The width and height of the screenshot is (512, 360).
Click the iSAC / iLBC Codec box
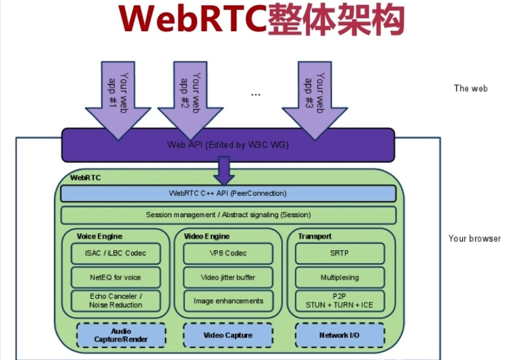116,253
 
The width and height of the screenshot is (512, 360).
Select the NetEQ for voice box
116,277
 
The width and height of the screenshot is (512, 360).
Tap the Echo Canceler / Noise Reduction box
116,300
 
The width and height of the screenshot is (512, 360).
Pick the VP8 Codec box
228,253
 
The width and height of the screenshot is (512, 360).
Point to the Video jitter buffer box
228,277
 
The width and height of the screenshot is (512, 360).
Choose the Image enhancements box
228,300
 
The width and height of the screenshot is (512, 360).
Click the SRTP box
340,253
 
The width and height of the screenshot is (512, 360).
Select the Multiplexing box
340,277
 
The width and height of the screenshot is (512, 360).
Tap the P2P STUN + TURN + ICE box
340,300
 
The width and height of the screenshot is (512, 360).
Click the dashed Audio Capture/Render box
121,335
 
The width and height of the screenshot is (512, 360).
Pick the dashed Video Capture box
228,335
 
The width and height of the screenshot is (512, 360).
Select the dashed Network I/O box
340,335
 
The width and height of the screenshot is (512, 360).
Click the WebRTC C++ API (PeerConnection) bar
228,193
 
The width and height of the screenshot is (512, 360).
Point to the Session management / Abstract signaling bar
228,215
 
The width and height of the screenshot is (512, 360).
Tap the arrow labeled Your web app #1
119,97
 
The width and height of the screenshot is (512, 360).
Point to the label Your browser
474,239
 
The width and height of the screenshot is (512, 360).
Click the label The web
471,89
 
